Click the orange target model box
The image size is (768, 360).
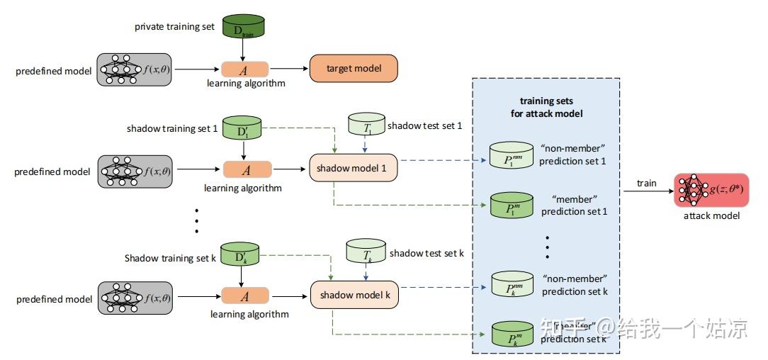pyautogui.click(x=354, y=69)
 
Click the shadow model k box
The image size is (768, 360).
pyautogui.click(x=354, y=295)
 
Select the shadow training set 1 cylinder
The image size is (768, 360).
pyautogui.click(x=243, y=129)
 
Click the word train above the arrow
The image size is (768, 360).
pyautogui.click(x=646, y=183)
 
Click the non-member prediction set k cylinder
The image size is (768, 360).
pyautogui.click(x=511, y=283)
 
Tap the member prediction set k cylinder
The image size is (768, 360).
pyautogui.click(x=511, y=335)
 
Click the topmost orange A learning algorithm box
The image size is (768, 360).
pyautogui.click(x=245, y=69)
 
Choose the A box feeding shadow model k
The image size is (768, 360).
pyautogui.click(x=245, y=296)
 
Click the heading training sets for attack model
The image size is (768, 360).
pyautogui.click(x=546, y=107)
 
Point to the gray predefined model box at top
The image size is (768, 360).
pyautogui.click(x=135, y=69)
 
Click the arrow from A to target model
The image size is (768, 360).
pyautogui.click(x=288, y=69)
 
